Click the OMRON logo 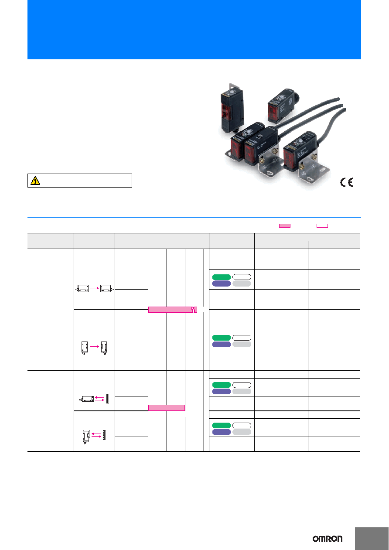coord(327,539)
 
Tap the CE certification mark coord(347,182)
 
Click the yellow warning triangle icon coord(35,181)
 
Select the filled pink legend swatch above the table coord(285,225)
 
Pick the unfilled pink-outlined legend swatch coord(322,225)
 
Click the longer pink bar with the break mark coord(173,310)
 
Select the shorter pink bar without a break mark coord(167,407)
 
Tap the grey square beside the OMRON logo coord(372,539)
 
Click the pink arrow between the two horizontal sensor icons coord(94,288)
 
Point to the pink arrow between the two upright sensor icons coord(94,346)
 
